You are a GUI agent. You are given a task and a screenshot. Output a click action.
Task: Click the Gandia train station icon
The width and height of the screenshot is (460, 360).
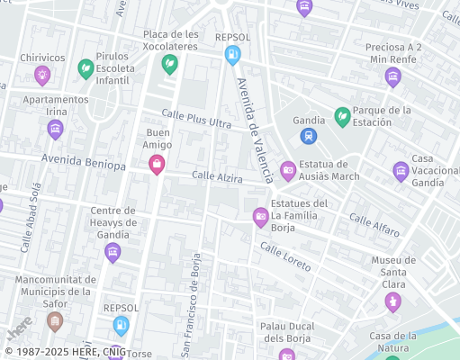coord(309,136)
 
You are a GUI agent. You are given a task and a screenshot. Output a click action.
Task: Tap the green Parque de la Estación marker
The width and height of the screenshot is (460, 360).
coord(342,116)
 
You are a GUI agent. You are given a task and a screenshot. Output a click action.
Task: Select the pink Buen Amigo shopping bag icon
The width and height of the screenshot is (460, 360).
coord(157,164)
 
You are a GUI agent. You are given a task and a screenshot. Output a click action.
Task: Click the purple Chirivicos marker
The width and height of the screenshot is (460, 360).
coord(41,75)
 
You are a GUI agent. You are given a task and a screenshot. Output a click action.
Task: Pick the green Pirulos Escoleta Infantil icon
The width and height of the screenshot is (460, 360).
coord(86,68)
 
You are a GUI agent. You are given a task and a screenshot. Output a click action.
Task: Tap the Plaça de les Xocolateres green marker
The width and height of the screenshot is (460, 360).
coord(169,64)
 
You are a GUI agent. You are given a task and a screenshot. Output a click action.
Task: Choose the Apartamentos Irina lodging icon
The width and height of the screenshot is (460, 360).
coord(55,130)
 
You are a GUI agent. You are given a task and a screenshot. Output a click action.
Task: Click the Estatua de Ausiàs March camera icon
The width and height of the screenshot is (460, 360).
coord(288,169)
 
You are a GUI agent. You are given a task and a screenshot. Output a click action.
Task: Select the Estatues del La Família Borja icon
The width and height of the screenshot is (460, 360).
coord(260,215)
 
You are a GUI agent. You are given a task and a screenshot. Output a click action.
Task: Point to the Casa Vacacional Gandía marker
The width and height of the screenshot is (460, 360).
coord(401,170)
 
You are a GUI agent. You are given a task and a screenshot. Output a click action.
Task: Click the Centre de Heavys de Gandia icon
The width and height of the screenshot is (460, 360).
coord(112,251)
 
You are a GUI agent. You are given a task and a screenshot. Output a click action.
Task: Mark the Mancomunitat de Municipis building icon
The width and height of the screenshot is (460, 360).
coord(56,320)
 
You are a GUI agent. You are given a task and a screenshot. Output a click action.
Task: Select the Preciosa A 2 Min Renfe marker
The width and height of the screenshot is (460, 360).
coord(392,77)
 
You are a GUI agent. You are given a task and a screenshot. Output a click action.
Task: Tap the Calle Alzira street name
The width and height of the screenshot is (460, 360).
coord(217,177)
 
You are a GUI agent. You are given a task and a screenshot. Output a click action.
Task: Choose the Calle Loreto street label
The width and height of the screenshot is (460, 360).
coord(285,256)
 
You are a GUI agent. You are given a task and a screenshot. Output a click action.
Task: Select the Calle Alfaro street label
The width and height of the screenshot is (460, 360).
coord(374,225)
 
